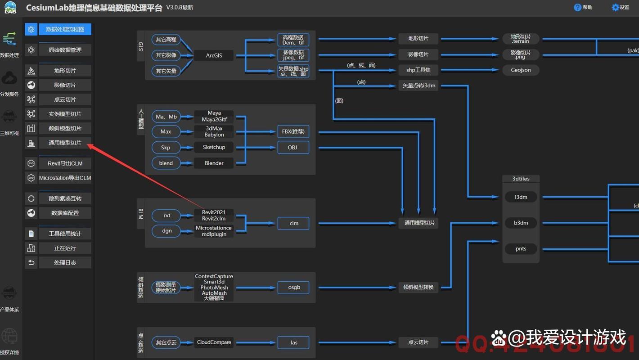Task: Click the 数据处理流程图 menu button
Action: [65, 29]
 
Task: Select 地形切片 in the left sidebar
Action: [65, 71]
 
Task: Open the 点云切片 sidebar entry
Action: [65, 99]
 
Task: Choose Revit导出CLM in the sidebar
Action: [65, 163]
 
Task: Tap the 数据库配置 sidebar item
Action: [65, 213]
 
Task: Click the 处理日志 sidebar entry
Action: [65, 262]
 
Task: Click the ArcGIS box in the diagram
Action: [214, 55]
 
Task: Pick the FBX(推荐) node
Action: [293, 131]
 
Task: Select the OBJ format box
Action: [293, 147]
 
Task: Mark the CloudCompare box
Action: [214, 342]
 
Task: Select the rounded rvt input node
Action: [166, 216]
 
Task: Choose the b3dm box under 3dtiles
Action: [521, 223]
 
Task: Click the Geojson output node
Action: [521, 70]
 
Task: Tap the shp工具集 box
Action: [418, 70]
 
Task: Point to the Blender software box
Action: [214, 163]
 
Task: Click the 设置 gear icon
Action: [615, 7]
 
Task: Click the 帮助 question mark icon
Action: [578, 7]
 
